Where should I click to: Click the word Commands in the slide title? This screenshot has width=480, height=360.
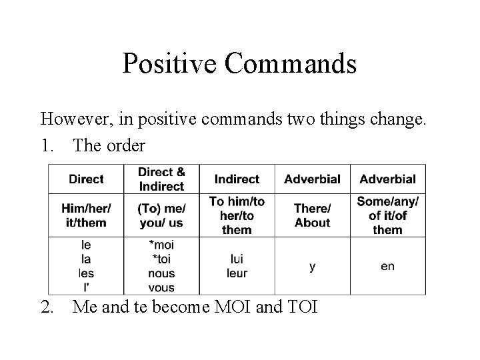[x=290, y=64]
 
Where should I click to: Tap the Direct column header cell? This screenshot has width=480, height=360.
[x=86, y=179]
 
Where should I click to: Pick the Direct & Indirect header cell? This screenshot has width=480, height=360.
[x=161, y=179]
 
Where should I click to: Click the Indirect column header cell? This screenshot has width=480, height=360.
[x=237, y=179]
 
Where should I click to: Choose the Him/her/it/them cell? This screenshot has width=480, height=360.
[x=86, y=215]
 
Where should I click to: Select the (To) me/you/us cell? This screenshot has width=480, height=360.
[x=161, y=215]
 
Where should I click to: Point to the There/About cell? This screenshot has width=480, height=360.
[x=312, y=215]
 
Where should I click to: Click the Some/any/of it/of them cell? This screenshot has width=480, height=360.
[x=387, y=215]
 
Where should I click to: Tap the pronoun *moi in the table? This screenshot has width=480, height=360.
[x=161, y=245]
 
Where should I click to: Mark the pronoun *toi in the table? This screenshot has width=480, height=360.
[x=161, y=259]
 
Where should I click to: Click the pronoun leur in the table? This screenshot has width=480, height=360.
[x=237, y=273]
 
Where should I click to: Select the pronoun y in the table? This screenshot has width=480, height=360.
[x=312, y=266]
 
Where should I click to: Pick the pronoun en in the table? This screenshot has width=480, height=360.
[x=387, y=266]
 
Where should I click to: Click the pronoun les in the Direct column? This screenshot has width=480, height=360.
[x=86, y=273]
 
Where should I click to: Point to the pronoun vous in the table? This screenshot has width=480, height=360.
[x=161, y=287]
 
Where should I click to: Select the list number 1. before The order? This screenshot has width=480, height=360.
[x=48, y=145]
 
